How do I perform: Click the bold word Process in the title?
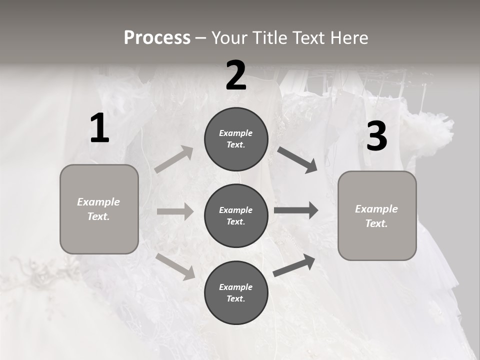coord(157,38)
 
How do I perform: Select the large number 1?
coord(99,128)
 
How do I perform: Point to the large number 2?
coord(236,76)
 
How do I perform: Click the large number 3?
coord(376,136)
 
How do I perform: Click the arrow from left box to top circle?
coord(174,159)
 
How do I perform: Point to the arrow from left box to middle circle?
coord(175,211)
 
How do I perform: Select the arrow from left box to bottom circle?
coord(175,266)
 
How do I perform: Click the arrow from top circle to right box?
coord(297,159)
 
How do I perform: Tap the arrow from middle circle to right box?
coord(296,210)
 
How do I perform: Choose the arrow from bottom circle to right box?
coord(294,265)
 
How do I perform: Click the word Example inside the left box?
coord(98,202)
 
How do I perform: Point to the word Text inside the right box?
coord(376,223)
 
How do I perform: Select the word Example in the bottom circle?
coord(236,287)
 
